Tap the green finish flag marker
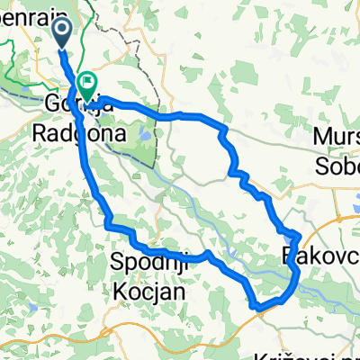(x=88, y=84)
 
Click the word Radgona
(x=69, y=130)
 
